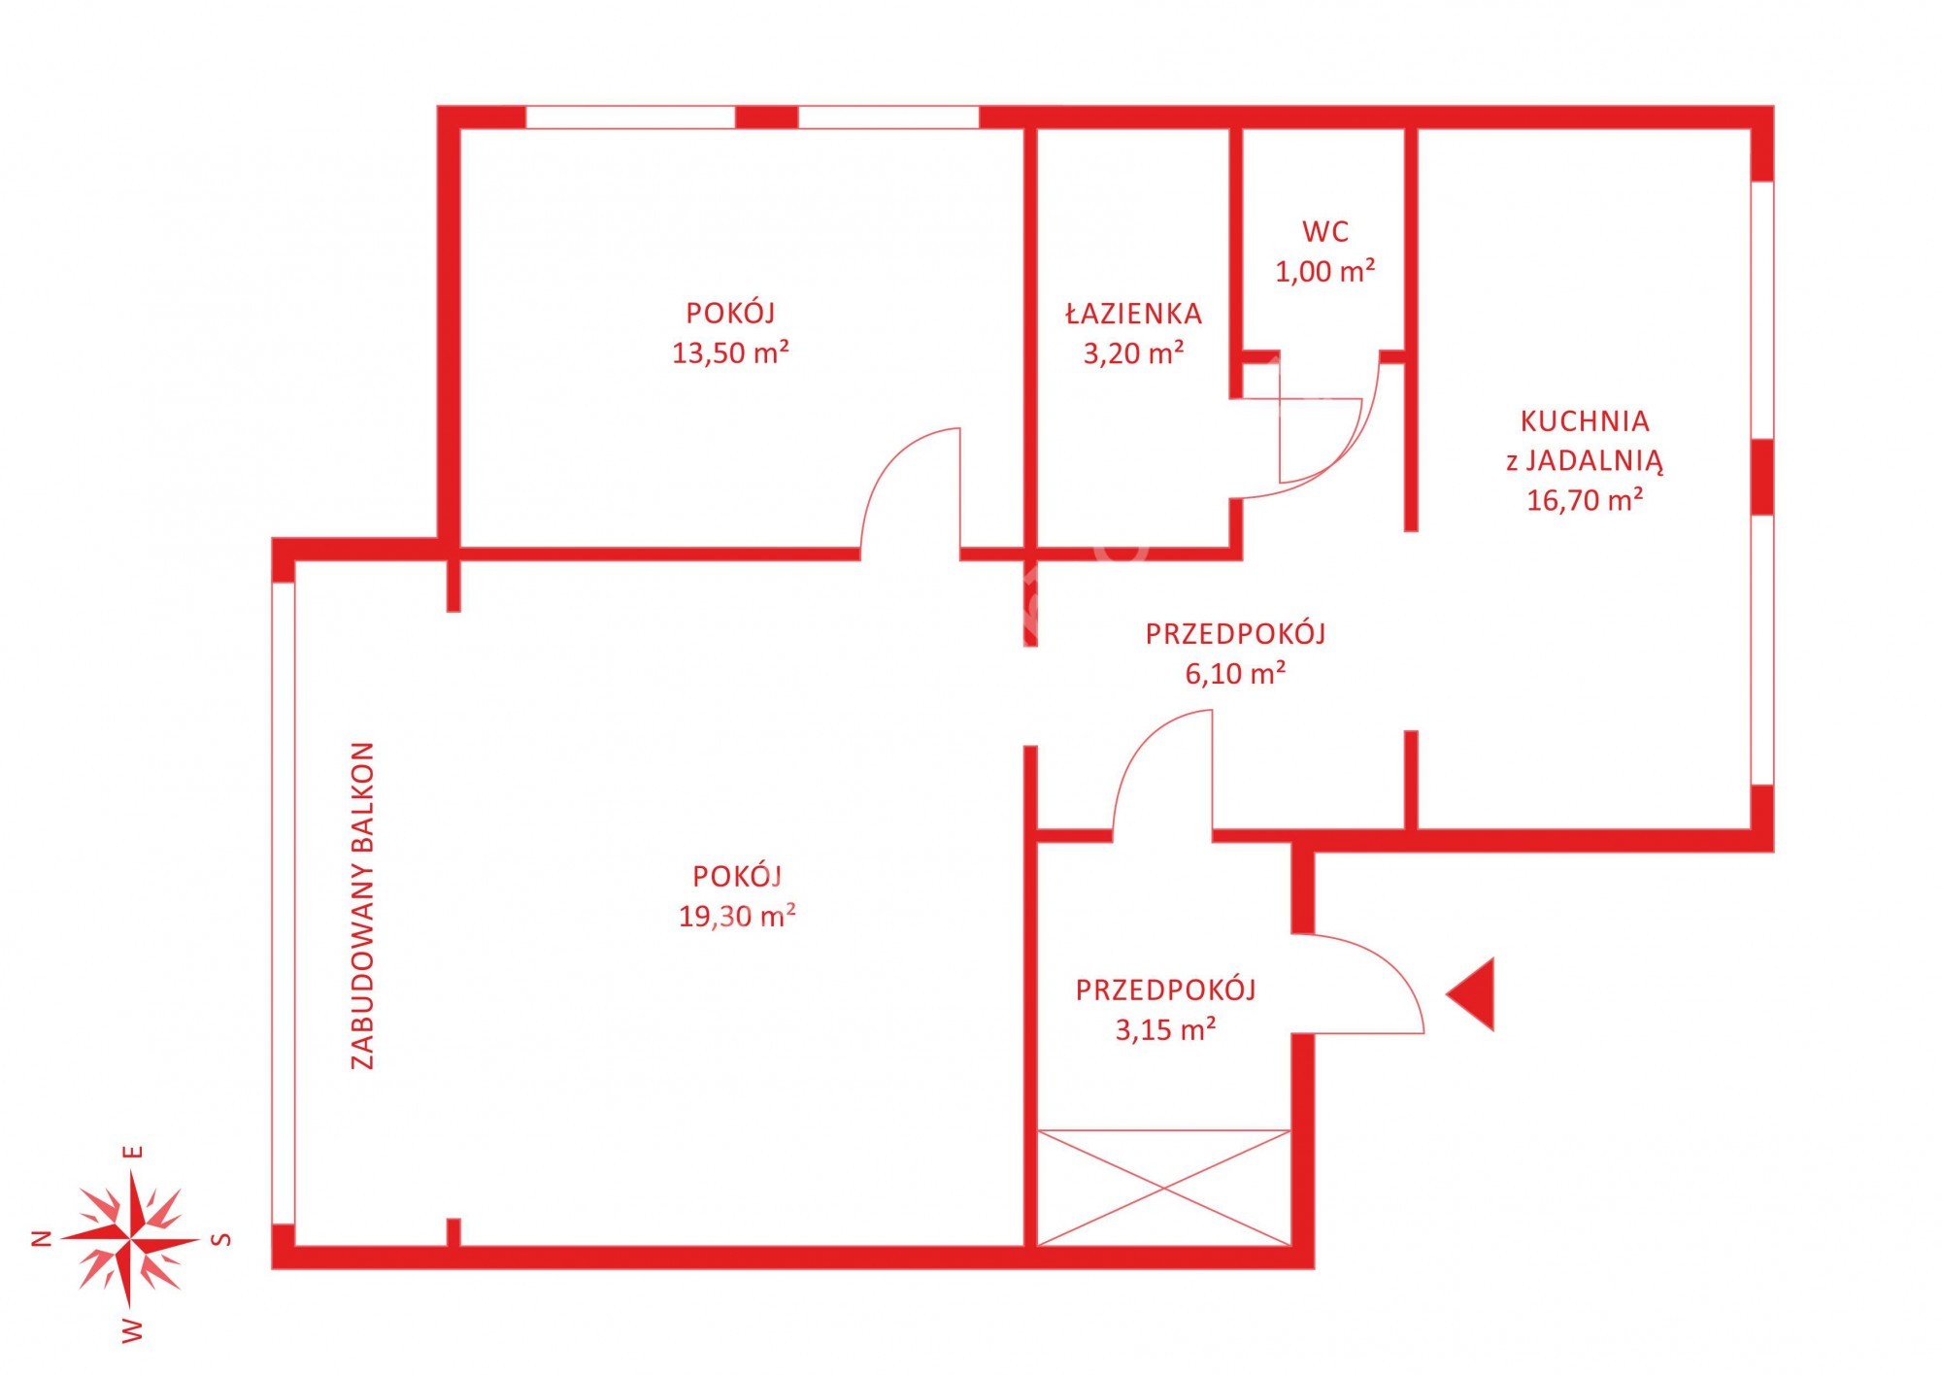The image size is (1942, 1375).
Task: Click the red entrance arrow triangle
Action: click(x=1471, y=993)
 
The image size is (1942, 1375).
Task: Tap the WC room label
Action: click(x=1325, y=231)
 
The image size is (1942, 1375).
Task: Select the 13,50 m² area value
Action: click(x=730, y=352)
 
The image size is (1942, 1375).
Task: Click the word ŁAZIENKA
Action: click(x=1133, y=313)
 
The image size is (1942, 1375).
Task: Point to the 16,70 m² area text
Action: click(x=1585, y=499)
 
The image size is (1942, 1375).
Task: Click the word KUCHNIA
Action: click(x=1585, y=420)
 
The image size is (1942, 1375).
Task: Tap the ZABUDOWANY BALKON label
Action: click(x=362, y=905)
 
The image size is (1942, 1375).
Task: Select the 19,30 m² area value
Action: click(x=737, y=915)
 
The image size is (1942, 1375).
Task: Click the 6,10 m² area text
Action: click(x=1235, y=672)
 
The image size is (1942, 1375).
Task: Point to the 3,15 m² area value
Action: click(x=1165, y=1028)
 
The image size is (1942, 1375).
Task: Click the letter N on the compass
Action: click(x=42, y=1238)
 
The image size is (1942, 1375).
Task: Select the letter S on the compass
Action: click(x=222, y=1239)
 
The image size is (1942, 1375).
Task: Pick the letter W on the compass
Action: click(x=132, y=1329)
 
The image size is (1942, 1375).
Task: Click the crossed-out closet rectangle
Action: click(x=1164, y=1187)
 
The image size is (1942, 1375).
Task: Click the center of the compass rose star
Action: click(x=131, y=1239)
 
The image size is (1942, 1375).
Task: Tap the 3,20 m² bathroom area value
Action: click(x=1133, y=352)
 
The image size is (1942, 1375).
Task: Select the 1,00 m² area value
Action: click(x=1325, y=270)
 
